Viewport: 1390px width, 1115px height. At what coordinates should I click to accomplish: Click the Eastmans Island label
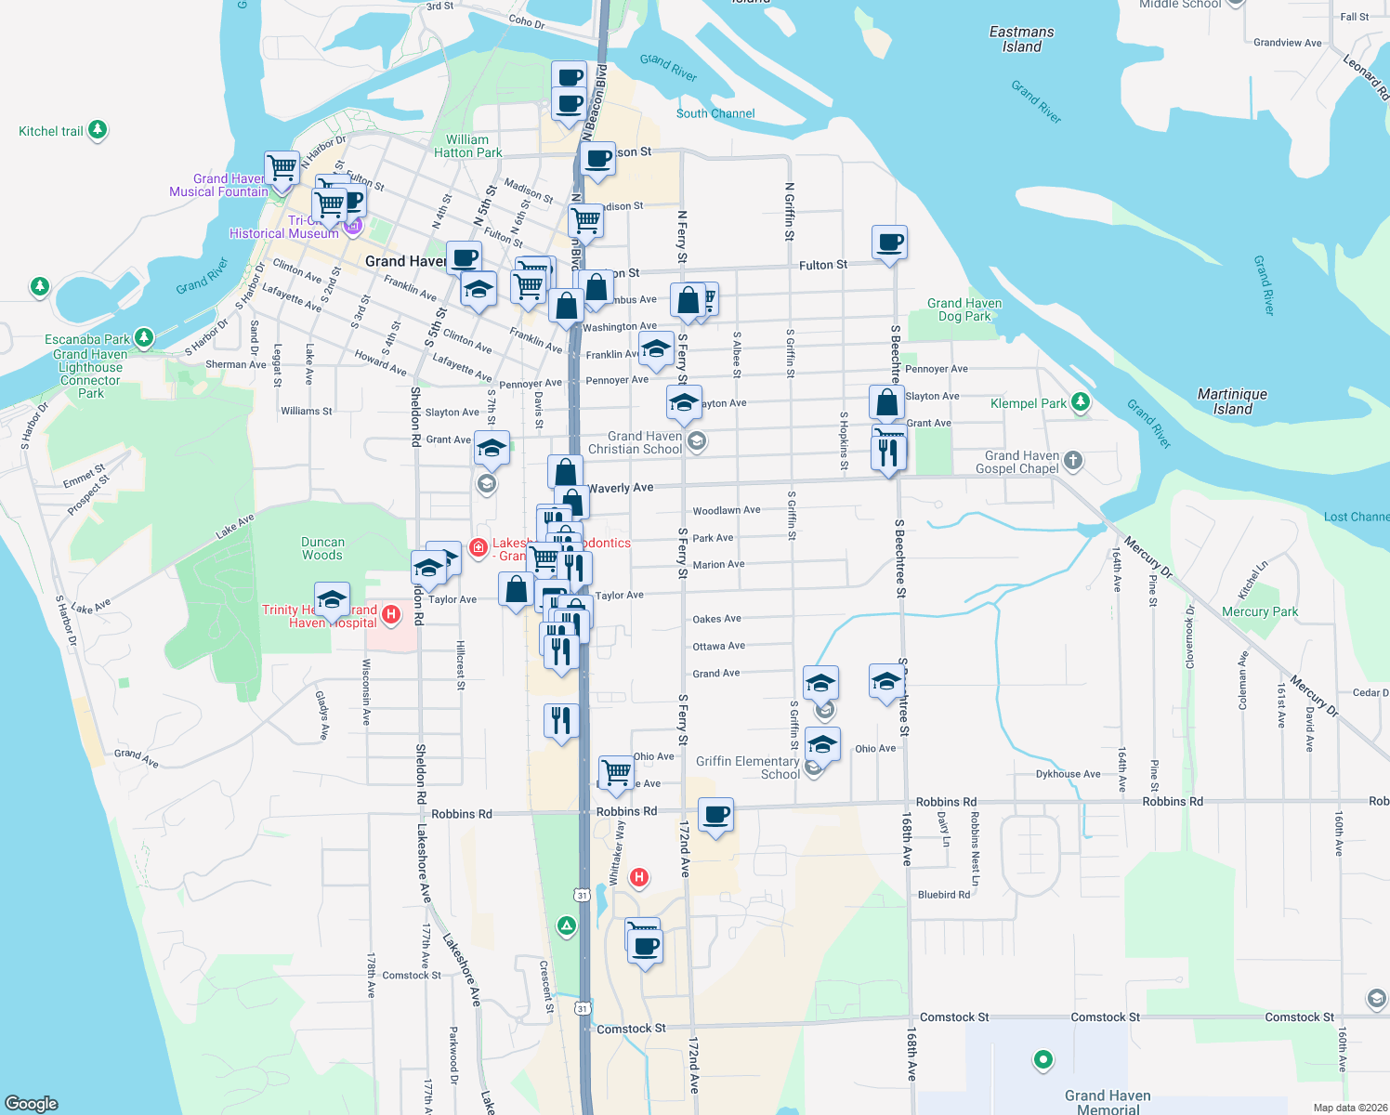1021,39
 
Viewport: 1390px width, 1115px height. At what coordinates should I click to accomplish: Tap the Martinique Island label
1232,401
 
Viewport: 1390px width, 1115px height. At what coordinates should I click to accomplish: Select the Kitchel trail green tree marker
98,130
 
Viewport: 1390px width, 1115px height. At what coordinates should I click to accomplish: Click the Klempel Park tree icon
1080,402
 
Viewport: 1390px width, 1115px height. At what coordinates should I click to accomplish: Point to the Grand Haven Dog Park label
964,309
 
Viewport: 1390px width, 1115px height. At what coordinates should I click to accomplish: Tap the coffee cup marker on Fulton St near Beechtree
889,243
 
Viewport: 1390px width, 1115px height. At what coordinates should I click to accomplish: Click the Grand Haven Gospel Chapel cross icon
1072,460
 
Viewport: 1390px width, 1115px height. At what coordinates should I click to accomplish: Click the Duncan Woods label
322,548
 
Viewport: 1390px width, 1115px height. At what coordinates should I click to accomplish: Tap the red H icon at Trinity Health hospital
391,613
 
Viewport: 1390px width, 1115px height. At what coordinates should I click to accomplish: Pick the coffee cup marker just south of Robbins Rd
715,815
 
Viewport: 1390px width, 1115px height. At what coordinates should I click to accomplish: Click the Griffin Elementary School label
747,767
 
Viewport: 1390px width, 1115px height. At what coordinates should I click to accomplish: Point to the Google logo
32,1103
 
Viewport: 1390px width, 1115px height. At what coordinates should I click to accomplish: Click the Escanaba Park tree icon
143,337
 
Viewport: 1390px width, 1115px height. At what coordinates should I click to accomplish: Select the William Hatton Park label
467,146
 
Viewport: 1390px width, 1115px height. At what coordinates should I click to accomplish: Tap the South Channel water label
715,113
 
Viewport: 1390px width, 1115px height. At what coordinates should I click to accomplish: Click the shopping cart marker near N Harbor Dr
282,169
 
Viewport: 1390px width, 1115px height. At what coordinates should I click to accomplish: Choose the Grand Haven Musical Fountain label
218,185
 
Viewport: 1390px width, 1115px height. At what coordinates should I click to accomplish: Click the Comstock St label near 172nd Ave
631,1029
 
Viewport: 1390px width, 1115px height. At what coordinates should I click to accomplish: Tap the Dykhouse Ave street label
1068,774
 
